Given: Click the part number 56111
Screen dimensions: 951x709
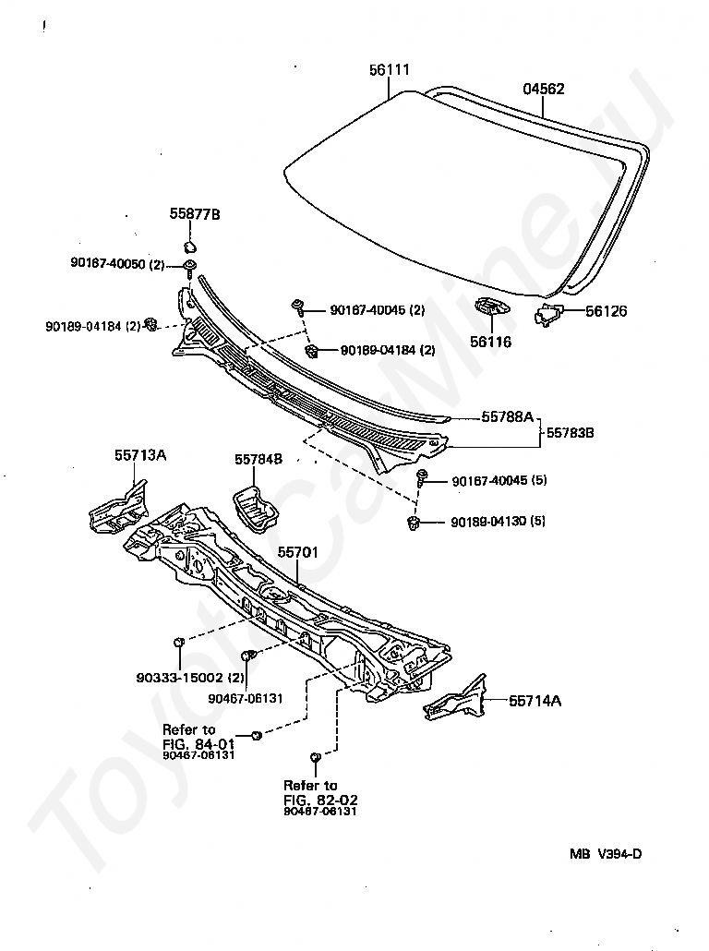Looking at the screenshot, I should [x=391, y=71].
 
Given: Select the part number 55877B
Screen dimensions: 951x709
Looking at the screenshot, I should [x=194, y=214].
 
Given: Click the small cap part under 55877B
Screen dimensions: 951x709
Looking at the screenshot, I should [x=190, y=247].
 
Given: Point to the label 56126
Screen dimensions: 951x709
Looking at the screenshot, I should [x=606, y=311].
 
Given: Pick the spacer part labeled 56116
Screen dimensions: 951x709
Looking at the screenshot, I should [x=490, y=307].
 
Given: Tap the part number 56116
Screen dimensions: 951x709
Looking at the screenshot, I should [x=491, y=342].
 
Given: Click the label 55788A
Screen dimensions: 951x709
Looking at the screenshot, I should [x=507, y=417].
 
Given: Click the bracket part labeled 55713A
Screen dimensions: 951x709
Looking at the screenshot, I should [x=117, y=506].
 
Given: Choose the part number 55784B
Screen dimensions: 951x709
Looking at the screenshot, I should [x=258, y=459].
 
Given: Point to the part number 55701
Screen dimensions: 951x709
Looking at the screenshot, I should [x=298, y=551].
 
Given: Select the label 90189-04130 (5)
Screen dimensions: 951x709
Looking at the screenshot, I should [x=498, y=522].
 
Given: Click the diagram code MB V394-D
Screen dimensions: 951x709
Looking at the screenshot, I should [x=605, y=853].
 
